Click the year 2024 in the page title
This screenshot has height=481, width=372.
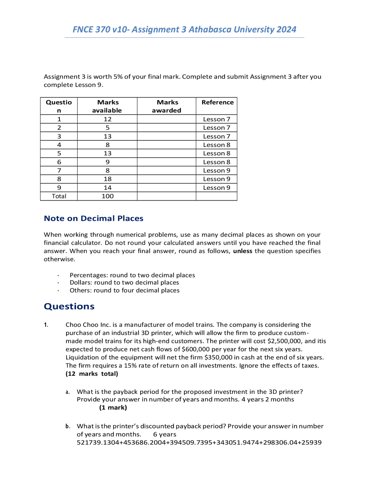(x=286, y=29)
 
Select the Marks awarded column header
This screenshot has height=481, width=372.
(x=167, y=106)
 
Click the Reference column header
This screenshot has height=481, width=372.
(x=217, y=102)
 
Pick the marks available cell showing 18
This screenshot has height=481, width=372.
(x=108, y=179)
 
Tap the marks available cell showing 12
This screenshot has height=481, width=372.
(x=108, y=119)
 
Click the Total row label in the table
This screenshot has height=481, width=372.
(x=59, y=196)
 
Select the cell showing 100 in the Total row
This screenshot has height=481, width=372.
(x=108, y=196)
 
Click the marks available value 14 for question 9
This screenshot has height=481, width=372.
(x=108, y=188)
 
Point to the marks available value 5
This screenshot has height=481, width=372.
(x=108, y=128)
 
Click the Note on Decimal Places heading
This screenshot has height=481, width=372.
(x=94, y=218)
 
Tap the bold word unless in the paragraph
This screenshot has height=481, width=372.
(x=242, y=251)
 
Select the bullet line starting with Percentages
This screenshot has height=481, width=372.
(x=132, y=275)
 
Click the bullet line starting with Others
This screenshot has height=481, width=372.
(x=124, y=290)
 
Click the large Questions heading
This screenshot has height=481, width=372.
(x=69, y=306)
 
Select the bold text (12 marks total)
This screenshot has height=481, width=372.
(x=92, y=374)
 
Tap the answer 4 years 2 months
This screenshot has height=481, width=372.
(x=268, y=399)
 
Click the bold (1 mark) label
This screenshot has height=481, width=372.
(x=113, y=408)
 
